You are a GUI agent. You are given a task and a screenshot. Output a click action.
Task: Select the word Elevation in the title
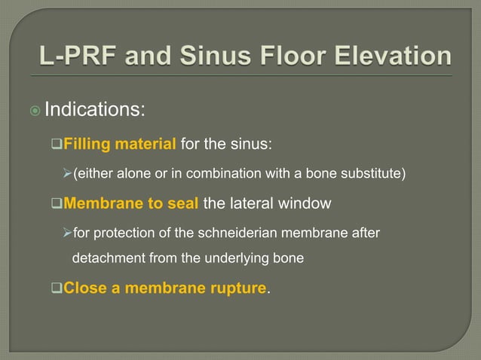(388, 57)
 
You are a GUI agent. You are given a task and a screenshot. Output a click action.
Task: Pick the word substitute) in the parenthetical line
(375, 175)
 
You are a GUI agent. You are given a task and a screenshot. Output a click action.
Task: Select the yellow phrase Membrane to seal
(132, 206)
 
